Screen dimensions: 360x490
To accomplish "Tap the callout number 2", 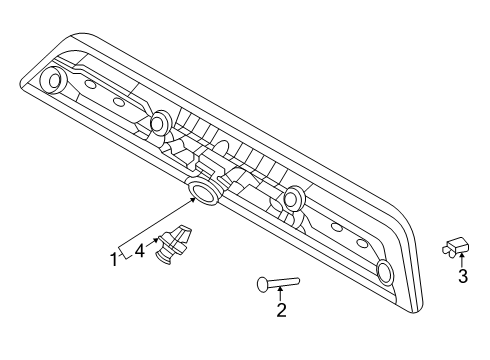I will pyautogui.click(x=281, y=311).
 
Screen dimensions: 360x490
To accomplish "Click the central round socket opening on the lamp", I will pyautogui.click(x=203, y=191).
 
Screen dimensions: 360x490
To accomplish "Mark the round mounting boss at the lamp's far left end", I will pyautogui.click(x=53, y=79).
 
